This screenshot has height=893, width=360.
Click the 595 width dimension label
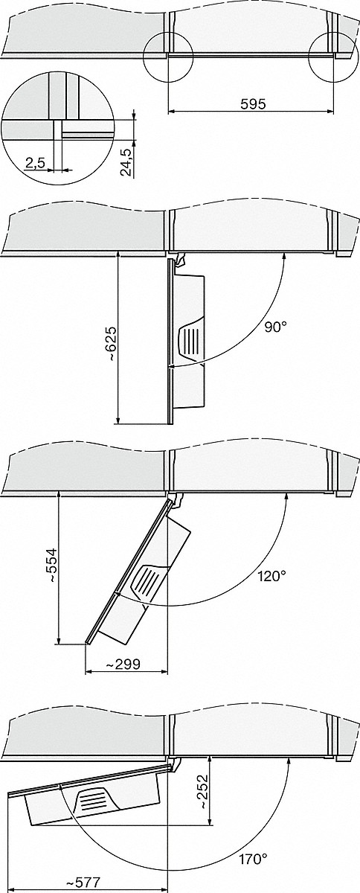[x=253, y=104]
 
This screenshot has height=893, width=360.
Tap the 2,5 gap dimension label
[x=35, y=162]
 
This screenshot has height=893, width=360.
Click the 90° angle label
[x=275, y=327]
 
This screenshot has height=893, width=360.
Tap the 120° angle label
[x=272, y=576]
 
